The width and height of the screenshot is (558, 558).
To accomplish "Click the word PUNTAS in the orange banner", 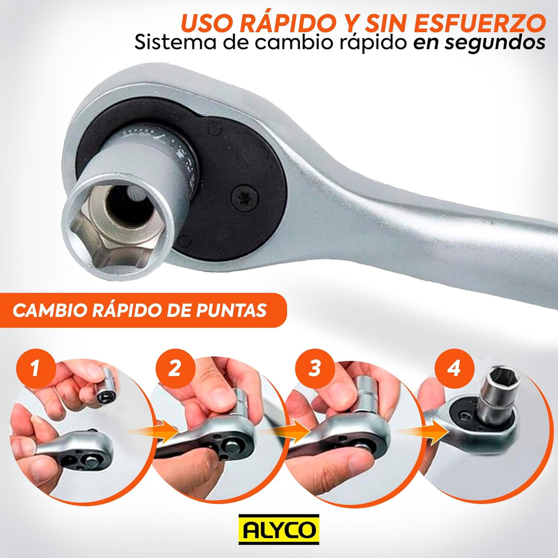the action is (x=228, y=311).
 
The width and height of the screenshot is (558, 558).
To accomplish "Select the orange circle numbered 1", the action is (x=35, y=369).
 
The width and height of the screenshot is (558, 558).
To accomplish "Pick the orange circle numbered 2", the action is (x=174, y=369).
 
